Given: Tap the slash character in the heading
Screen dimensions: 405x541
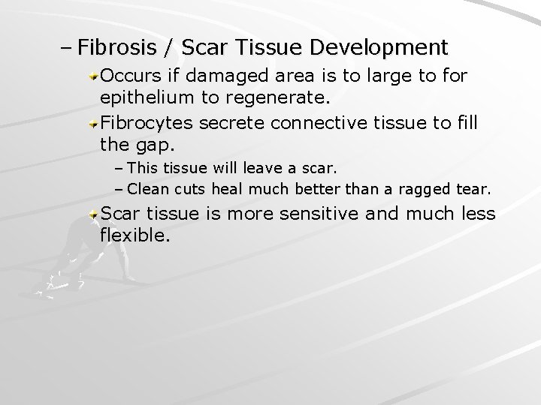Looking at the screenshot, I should click(169, 49).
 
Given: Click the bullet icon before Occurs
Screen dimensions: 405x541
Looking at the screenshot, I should click(93, 76).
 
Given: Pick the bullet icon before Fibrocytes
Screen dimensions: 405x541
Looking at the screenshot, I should click(93, 121).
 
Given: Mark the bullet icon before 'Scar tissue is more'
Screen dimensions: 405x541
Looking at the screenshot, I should click(93, 214).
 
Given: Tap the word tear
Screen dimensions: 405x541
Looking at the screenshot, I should click(476, 188).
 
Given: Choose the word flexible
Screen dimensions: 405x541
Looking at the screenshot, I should click(132, 236).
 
